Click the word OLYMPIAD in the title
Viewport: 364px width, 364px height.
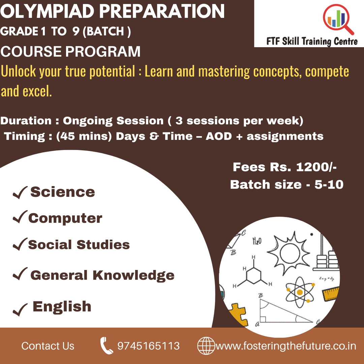[x=48, y=11]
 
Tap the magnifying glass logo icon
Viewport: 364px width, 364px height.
[x=337, y=19]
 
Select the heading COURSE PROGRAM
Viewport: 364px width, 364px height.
[x=70, y=52]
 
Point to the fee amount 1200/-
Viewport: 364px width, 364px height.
[x=316, y=167]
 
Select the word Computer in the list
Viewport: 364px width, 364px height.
[x=65, y=218]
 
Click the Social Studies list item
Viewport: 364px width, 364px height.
[x=79, y=245]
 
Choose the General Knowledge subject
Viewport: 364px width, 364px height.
[x=102, y=275]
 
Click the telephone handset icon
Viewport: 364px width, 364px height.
[x=106, y=346]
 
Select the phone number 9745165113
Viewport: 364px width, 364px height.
[x=148, y=346]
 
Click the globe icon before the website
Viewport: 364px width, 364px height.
[x=206, y=346]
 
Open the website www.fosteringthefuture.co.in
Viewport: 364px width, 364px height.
[x=286, y=346]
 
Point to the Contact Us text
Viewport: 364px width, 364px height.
[x=48, y=346]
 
